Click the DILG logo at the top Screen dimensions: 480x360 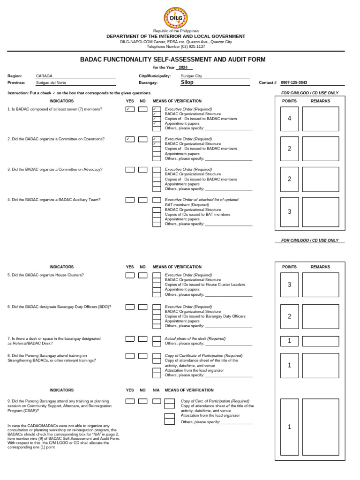tap(176, 18)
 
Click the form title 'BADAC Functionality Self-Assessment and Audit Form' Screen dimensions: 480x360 tap(172, 60)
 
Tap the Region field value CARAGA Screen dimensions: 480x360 tap(45, 75)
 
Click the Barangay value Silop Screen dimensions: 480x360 tap(187, 82)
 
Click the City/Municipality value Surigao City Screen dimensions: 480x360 tap(191, 75)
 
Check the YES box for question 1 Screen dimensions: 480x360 tap(130, 109)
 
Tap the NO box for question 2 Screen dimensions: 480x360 tap(142, 139)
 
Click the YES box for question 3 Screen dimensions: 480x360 tap(130, 170)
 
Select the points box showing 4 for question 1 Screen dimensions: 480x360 tap(289, 119)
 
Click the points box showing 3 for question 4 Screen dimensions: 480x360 tap(289, 212)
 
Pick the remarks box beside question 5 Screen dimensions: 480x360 tap(320, 285)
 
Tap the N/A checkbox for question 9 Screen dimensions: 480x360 tap(157, 401)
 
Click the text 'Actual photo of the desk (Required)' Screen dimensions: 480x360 tap(195, 338)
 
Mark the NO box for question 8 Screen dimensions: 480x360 tap(142, 356)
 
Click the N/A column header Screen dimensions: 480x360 tap(156, 390)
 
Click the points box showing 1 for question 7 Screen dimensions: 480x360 tap(289, 341)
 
